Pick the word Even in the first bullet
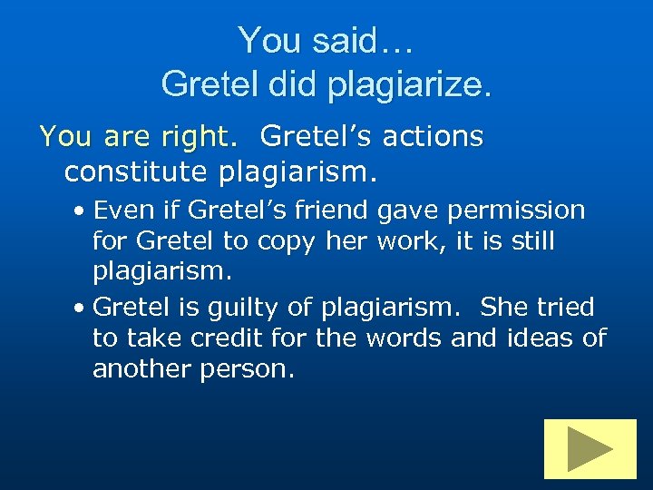(x=116, y=211)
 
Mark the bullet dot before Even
(x=81, y=211)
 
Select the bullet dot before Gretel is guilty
(x=81, y=308)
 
